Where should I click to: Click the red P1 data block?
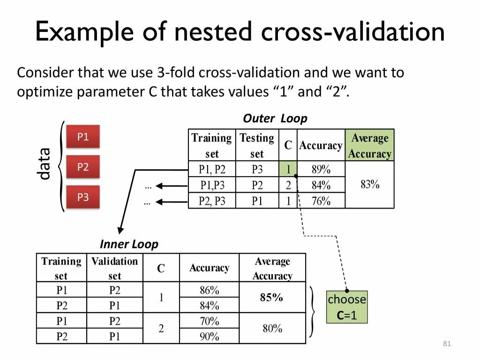(x=83, y=137)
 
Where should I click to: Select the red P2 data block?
(x=83, y=167)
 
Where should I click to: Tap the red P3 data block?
(x=83, y=197)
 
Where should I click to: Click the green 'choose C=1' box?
(x=347, y=307)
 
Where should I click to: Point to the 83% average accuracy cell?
(x=370, y=185)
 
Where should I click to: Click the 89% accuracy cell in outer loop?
(x=321, y=169)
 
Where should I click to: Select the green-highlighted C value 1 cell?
(x=288, y=169)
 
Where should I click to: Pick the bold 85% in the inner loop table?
(x=272, y=297)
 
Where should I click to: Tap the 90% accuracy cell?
(x=209, y=336)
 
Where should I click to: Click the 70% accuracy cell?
(x=209, y=321)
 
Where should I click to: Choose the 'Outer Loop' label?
(x=275, y=119)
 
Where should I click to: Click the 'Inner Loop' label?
(x=129, y=244)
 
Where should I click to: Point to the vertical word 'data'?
(x=44, y=164)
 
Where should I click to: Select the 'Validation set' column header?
(x=114, y=268)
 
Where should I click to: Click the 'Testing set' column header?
(x=257, y=145)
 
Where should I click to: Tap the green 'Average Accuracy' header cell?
(x=370, y=145)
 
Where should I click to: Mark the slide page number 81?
(x=446, y=345)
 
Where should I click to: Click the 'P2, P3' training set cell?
(x=212, y=201)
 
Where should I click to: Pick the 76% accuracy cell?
(x=321, y=201)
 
